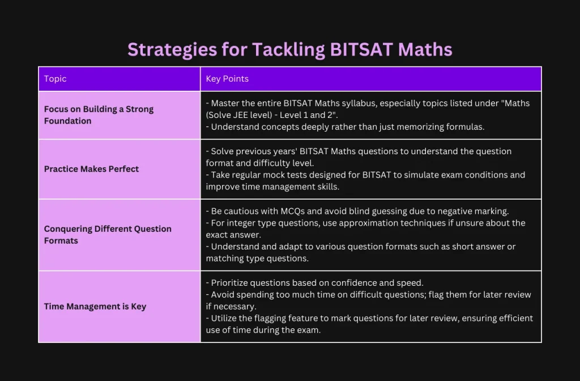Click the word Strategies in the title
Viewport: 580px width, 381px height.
(x=172, y=50)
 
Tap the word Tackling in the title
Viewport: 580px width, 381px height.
(x=288, y=50)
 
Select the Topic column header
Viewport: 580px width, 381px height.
(x=55, y=78)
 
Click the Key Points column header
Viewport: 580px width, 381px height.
(x=227, y=78)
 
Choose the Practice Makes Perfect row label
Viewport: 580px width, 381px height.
(x=91, y=169)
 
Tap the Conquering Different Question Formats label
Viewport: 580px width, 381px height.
(x=108, y=235)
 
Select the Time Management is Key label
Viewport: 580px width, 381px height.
(x=95, y=307)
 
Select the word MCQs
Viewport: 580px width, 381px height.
(x=293, y=211)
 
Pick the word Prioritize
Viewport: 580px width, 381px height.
(x=229, y=283)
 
